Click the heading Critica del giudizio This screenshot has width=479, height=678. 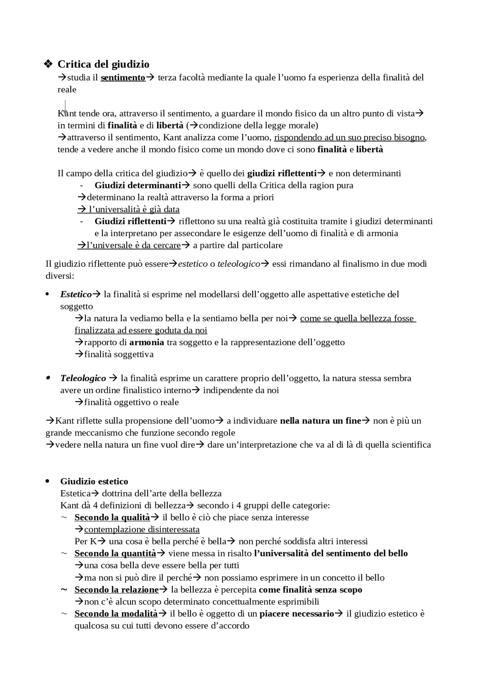103,64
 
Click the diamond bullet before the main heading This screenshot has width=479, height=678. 48,64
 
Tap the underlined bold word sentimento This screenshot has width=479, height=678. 123,77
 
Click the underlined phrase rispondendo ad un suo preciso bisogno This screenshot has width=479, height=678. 350,137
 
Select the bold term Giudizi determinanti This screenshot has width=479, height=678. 138,185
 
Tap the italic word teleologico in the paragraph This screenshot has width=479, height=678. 238,264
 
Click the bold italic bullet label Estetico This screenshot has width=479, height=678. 76,294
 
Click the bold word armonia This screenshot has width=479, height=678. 147,342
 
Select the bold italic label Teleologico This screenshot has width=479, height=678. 83,378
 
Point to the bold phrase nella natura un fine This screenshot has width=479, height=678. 320,421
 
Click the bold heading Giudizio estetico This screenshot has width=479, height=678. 94,481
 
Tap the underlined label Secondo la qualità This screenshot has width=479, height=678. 112,517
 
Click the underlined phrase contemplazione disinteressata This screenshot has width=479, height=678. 142,529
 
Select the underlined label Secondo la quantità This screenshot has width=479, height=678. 115,553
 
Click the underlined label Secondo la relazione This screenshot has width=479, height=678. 116,590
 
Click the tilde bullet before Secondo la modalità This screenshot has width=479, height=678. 64,614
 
